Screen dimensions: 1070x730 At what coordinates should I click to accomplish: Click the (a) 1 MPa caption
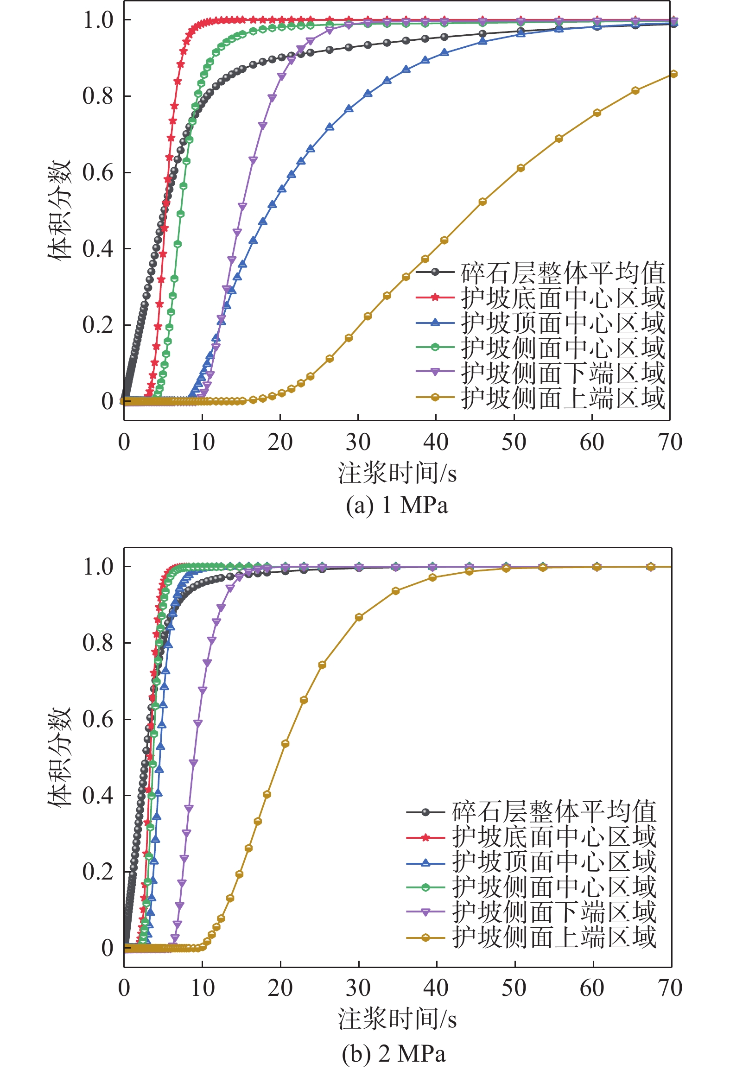click(397, 505)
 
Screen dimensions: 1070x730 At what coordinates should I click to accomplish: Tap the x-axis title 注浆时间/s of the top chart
click(397, 474)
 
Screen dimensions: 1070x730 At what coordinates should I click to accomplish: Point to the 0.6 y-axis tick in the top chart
click(98, 172)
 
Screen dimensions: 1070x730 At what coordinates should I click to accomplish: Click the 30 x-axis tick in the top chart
click(358, 442)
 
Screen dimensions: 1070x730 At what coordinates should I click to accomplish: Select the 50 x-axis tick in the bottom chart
click(514, 988)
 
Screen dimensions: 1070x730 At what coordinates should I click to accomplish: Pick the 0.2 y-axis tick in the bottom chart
click(98, 872)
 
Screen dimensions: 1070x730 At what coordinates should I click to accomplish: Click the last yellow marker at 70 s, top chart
click(674, 74)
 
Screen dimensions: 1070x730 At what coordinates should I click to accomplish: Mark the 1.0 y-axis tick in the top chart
click(98, 20)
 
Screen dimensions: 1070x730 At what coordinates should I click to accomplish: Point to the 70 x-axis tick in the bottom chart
click(670, 988)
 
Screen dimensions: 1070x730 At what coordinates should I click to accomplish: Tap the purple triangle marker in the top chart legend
click(435, 372)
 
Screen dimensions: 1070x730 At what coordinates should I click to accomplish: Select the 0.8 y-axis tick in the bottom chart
click(98, 643)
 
